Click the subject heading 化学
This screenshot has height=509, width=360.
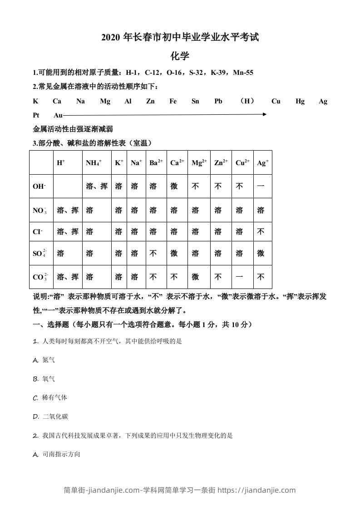point(180,56)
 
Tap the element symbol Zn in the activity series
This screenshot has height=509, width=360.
point(150,101)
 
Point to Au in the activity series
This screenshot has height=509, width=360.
point(58,115)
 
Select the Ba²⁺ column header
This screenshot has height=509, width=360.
point(156,162)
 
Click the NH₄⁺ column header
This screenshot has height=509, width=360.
point(94,162)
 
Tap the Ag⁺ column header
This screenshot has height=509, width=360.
point(263,162)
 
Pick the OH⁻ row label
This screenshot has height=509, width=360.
point(39,186)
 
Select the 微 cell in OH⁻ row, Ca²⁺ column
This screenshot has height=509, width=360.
point(174,186)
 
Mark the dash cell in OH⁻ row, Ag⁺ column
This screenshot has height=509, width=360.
point(261,186)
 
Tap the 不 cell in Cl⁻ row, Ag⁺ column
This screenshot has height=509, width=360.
point(261,231)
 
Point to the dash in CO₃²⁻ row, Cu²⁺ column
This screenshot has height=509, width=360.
point(239,277)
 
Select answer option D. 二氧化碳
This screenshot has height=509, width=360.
point(50,416)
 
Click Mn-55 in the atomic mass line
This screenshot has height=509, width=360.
point(243,73)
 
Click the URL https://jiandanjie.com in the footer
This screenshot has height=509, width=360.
point(256,490)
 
